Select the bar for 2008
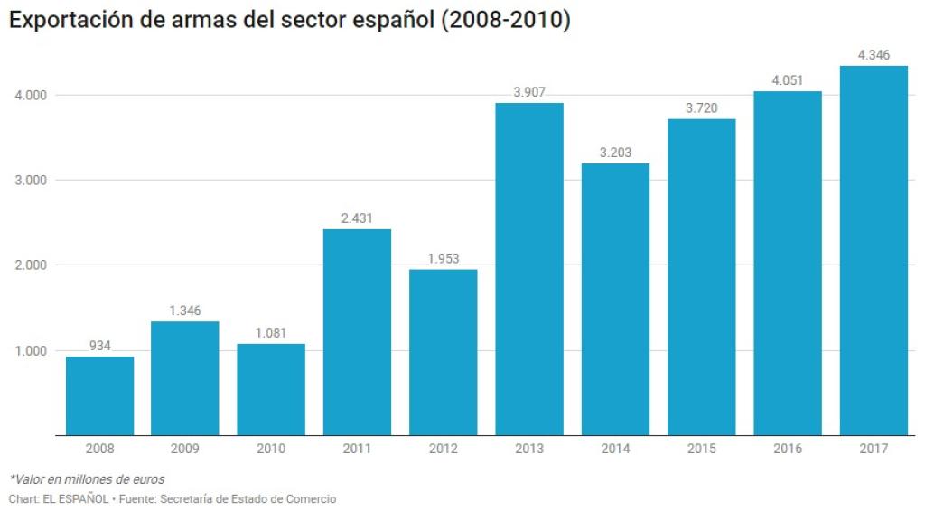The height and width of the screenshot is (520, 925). coord(99,395)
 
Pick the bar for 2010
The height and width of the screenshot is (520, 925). coord(271,389)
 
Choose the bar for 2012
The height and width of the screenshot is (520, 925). coord(444,352)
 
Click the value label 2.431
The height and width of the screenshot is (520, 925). coord(357,218)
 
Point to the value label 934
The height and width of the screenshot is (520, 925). coord(99,345)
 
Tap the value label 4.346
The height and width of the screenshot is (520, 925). coord(874,55)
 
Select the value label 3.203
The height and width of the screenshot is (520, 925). coord(615,152)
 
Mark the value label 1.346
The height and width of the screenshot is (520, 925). coord(185,311)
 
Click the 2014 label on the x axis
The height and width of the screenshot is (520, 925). coord(615,449)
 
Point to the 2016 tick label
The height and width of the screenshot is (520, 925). coord(788,449)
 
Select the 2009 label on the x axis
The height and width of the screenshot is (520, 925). coord(185,449)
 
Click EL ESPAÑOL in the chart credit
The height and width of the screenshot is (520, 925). coord(75,499)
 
